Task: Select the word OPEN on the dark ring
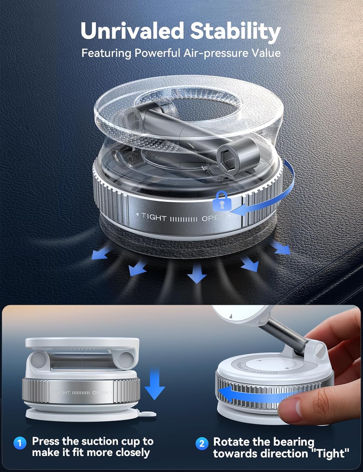click(x=213, y=218)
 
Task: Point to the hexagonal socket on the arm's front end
click(x=227, y=153)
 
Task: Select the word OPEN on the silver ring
click(x=100, y=393)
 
